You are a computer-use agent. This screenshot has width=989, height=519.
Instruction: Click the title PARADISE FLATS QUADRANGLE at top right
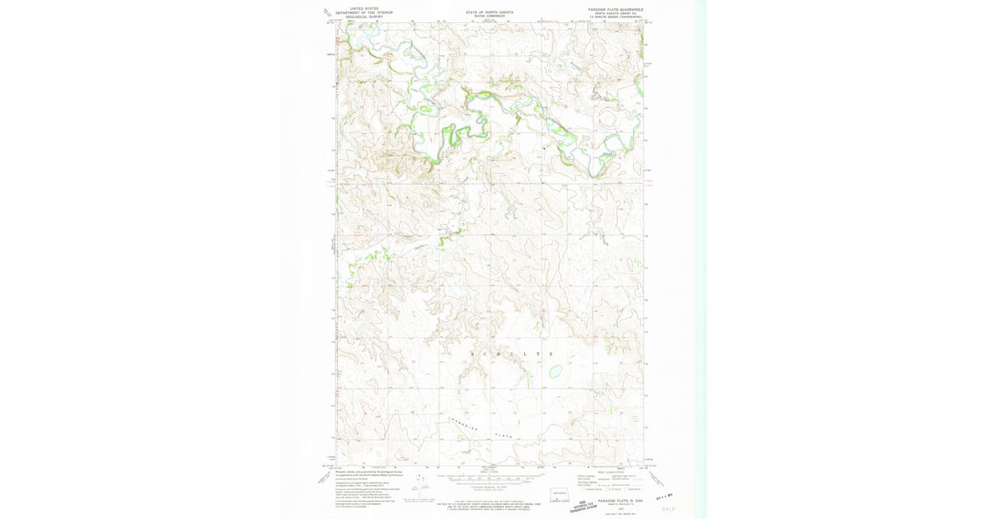[616, 10]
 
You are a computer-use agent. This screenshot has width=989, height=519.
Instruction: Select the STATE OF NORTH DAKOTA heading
[489, 12]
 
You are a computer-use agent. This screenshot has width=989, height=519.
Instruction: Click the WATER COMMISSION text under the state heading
[489, 16]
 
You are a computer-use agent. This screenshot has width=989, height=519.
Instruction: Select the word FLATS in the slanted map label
[503, 434]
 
